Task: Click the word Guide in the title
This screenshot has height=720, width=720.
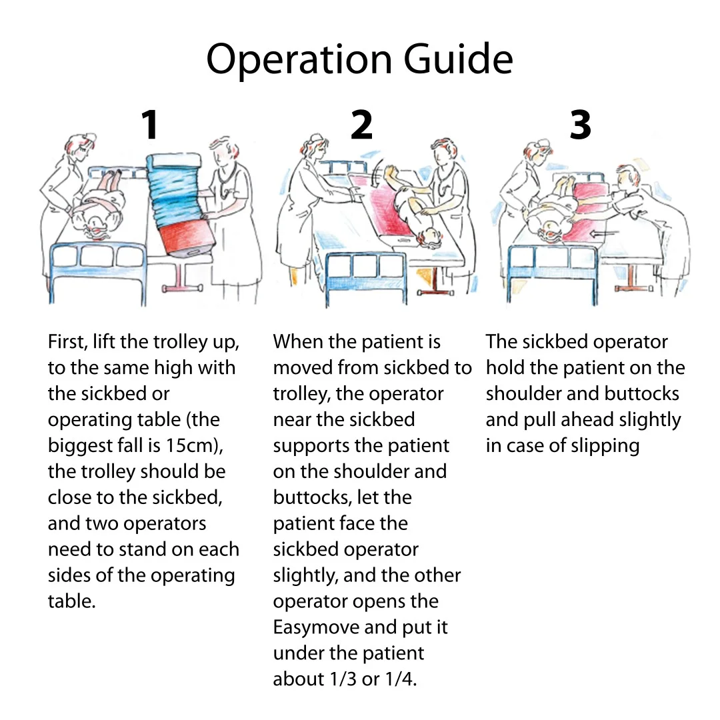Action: [x=459, y=60]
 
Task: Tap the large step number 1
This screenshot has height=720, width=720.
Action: [x=150, y=125]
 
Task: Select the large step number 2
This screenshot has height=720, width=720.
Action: [x=361, y=125]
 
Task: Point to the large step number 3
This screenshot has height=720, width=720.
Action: [x=580, y=125]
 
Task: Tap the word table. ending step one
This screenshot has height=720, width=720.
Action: [x=72, y=601]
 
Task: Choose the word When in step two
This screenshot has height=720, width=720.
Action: [x=298, y=342]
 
